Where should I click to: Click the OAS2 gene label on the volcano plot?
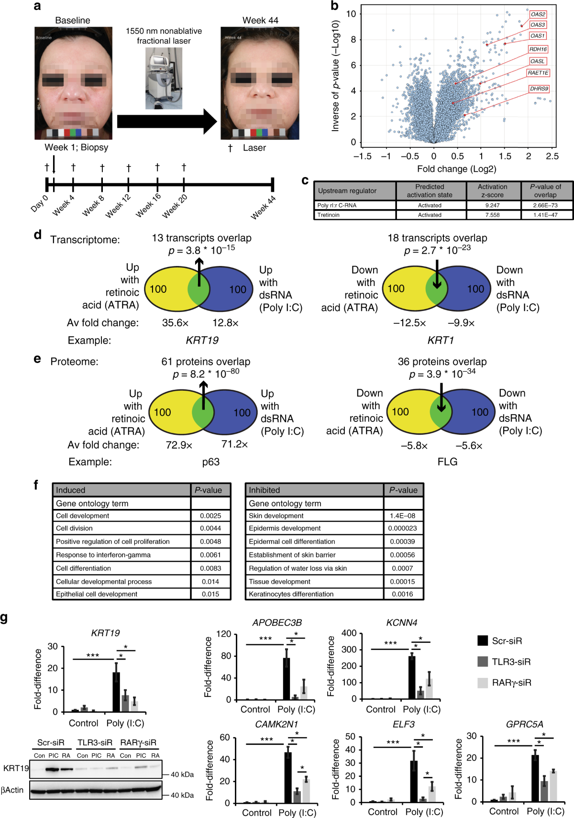point(538,14)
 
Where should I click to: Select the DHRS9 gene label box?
point(539,89)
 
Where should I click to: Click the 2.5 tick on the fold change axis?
point(552,156)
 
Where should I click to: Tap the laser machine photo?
point(164,78)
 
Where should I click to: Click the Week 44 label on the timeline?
point(263,208)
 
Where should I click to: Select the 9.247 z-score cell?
point(492,205)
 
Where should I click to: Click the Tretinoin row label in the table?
point(328,215)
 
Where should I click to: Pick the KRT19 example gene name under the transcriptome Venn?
point(202,341)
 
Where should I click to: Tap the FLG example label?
point(447,462)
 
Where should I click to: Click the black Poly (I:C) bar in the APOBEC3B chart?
point(287,678)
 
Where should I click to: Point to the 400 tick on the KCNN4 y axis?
point(349,633)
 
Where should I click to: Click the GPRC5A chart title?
point(524,724)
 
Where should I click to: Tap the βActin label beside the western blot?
point(12,790)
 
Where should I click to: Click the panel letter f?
point(36,485)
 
